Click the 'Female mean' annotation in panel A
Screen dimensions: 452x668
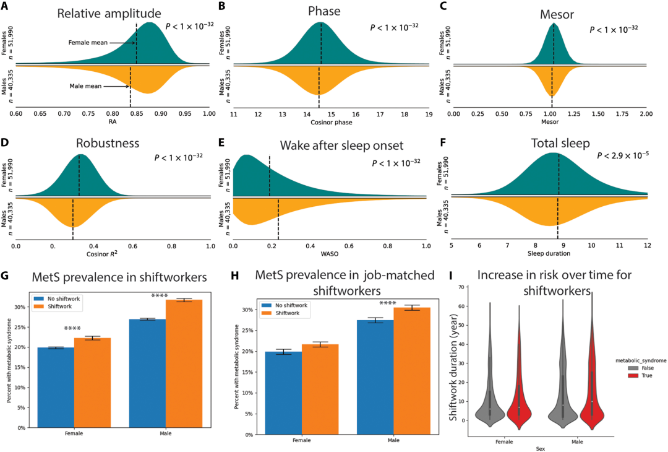[88, 43]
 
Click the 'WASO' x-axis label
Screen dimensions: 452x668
[329, 254]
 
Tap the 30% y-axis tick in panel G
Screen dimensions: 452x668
[27, 307]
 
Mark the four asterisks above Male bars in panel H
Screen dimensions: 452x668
[388, 303]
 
